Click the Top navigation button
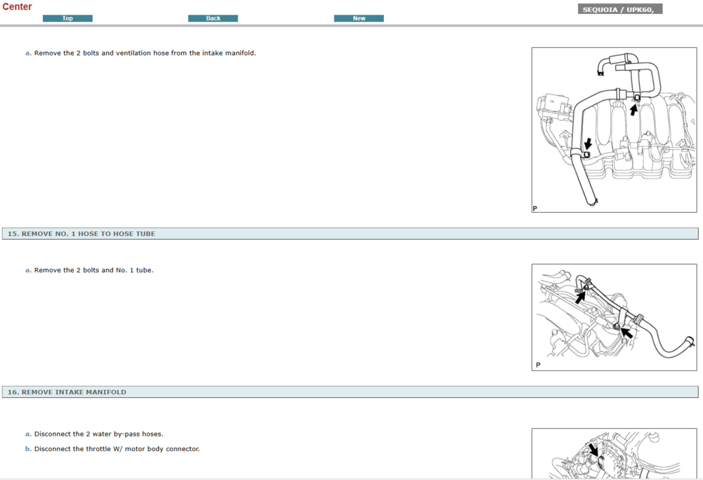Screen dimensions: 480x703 [67, 18]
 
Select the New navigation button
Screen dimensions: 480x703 [359, 18]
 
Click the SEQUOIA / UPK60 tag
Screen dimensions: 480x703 [620, 10]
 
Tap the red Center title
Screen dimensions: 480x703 [17, 7]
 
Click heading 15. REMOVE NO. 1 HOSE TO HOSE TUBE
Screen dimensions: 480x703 [82, 233]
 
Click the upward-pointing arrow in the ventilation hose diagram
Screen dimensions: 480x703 [634, 110]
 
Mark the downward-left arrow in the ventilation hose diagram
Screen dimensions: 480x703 [588, 144]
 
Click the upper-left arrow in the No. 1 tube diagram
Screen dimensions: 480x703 [580, 296]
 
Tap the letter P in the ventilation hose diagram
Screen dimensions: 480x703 [535, 209]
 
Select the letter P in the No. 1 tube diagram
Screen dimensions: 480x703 [538, 365]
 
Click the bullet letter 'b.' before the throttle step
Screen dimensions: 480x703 [28, 449]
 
